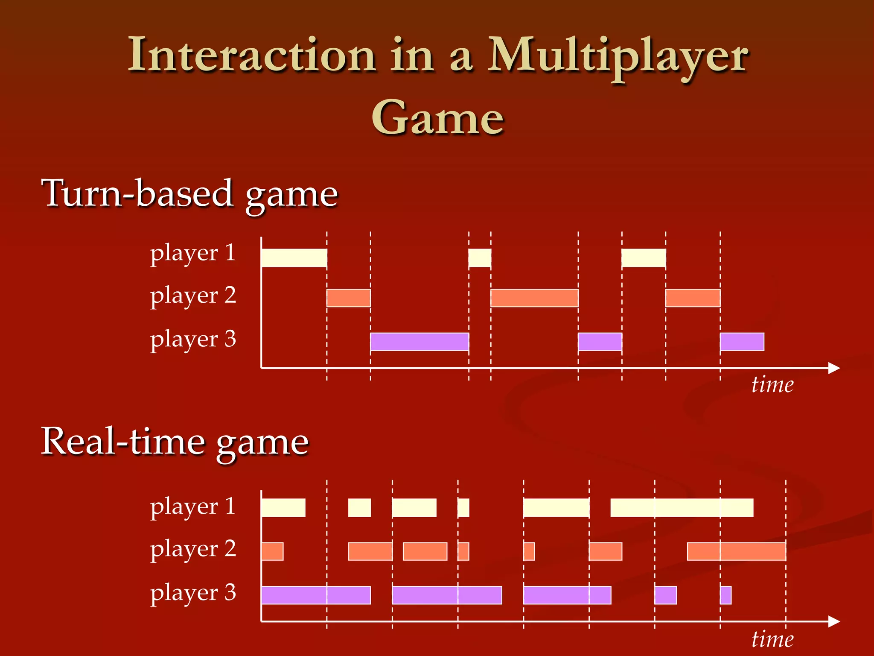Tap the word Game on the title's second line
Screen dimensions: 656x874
coord(437,117)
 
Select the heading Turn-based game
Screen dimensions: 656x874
coord(190,194)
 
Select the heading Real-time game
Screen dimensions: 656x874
coord(175,442)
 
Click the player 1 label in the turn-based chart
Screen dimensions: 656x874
coord(193,253)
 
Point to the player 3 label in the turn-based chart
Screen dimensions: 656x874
coord(193,340)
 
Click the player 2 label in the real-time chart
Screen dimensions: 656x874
coord(193,550)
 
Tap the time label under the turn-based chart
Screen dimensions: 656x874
coord(772,385)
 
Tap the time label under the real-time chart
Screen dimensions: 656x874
coord(772,639)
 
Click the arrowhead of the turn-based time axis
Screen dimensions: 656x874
coord(834,368)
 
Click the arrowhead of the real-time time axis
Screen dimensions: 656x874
coord(834,621)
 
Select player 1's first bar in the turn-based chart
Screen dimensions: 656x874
coord(294,258)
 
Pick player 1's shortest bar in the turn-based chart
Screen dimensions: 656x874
coord(480,258)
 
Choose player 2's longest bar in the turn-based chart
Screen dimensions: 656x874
coord(534,298)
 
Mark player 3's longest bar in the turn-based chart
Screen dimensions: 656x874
coord(420,342)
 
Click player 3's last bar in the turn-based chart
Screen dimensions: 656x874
coord(742,342)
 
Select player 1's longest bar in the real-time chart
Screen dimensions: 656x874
coord(682,508)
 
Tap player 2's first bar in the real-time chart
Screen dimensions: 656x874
coord(272,551)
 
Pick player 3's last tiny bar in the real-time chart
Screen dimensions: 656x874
coord(725,595)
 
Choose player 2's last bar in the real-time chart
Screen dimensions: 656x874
coord(737,551)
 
